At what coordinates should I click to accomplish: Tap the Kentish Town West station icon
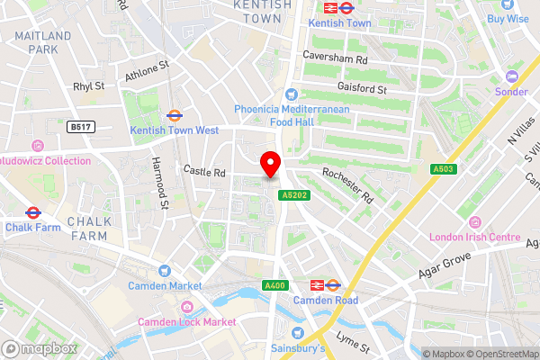pos(175,116)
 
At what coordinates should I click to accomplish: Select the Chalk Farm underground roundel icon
pos(31,213)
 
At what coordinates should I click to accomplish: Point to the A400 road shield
pos(274,285)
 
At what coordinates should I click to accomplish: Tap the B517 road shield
pos(80,128)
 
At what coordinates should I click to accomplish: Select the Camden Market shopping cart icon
pos(164,271)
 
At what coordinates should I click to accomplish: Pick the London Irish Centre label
pos(476,238)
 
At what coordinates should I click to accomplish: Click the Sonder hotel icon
pos(512,76)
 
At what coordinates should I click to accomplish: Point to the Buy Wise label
pos(508,18)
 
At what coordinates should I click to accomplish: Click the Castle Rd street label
pos(203,170)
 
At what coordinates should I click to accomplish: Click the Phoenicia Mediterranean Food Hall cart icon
pos(291,94)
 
